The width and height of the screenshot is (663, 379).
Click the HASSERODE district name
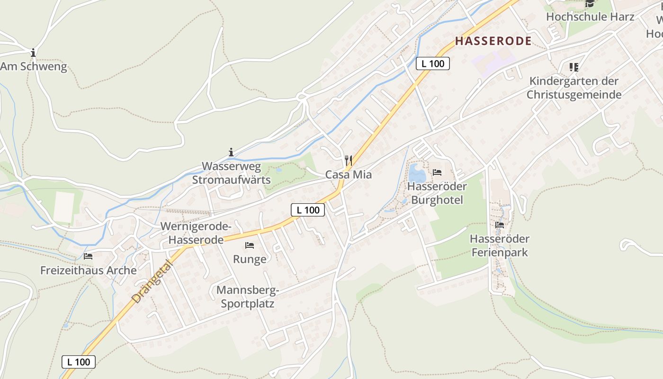pyautogui.click(x=493, y=41)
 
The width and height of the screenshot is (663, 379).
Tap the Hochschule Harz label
pyautogui.click(x=590, y=17)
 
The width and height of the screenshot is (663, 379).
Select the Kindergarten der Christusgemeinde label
pyautogui.click(x=574, y=88)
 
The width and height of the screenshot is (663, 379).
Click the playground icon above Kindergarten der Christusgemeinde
pyautogui.click(x=574, y=67)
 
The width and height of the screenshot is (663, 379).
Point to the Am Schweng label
pyautogui.click(x=34, y=67)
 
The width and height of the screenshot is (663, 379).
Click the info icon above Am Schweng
pyautogui.click(x=33, y=52)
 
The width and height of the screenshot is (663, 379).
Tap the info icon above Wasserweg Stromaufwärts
pyautogui.click(x=231, y=152)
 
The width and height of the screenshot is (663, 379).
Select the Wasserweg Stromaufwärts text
pyautogui.click(x=231, y=173)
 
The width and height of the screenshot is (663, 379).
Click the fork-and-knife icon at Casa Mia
pyautogui.click(x=349, y=160)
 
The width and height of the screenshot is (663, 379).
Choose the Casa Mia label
pyautogui.click(x=349, y=175)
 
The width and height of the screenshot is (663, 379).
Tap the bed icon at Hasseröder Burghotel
pyautogui.click(x=437, y=172)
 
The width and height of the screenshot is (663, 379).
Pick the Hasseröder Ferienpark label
pyautogui.click(x=500, y=245)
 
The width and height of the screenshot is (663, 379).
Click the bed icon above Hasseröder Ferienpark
pyautogui.click(x=500, y=225)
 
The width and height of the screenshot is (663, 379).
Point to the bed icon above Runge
pyautogui.click(x=250, y=245)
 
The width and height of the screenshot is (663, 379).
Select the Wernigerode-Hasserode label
pyautogui.click(x=196, y=233)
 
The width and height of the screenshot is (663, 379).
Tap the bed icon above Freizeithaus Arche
pyautogui.click(x=88, y=256)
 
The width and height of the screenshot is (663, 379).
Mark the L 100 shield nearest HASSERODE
pyautogui.click(x=433, y=63)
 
